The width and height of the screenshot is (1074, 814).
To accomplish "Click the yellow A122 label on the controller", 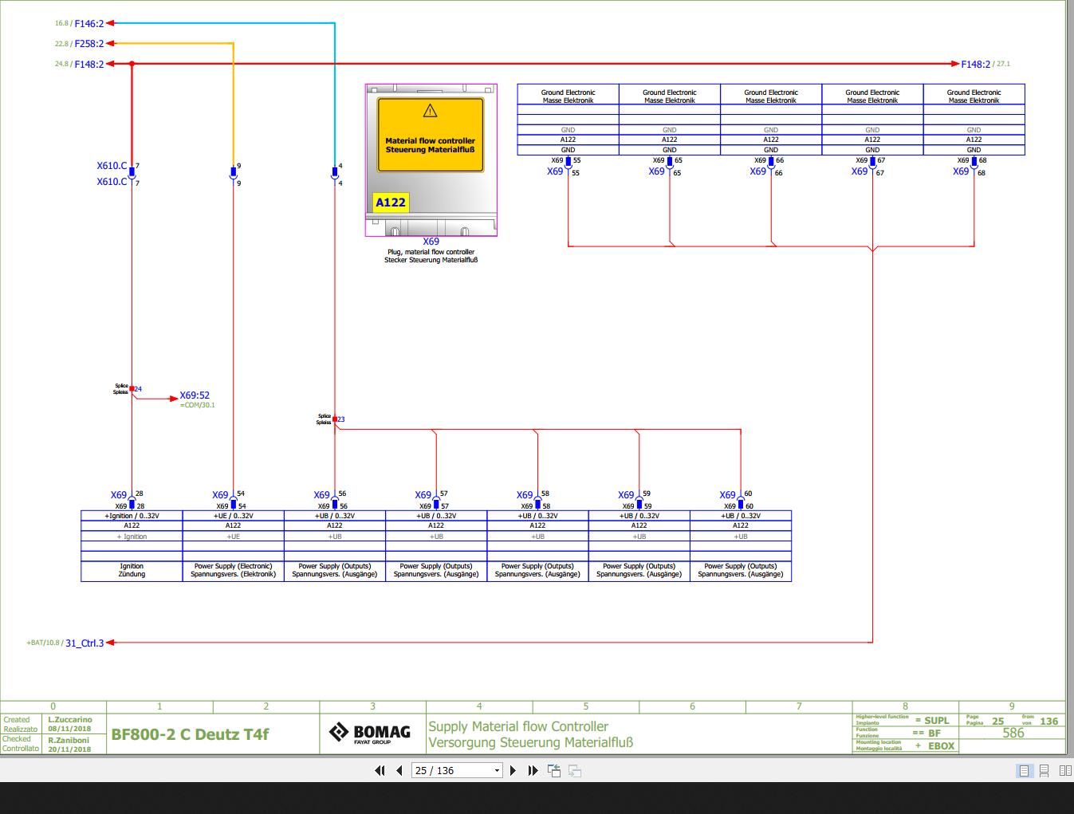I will (x=391, y=203).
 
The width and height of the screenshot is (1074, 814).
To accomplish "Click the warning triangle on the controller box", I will (x=431, y=111).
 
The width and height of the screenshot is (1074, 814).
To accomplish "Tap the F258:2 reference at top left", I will (x=89, y=44).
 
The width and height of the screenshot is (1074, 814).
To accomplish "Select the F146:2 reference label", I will (x=89, y=24).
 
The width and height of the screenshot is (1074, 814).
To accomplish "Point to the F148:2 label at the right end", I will (x=975, y=64).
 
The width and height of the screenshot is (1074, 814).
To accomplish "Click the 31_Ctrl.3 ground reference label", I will (x=85, y=643).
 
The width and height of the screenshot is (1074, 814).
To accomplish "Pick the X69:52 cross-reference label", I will (x=195, y=395).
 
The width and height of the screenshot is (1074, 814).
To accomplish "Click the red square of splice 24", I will (x=132, y=389).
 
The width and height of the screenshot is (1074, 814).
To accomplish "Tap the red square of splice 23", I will (x=335, y=419).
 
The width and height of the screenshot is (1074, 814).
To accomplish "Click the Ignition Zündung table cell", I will (x=132, y=570).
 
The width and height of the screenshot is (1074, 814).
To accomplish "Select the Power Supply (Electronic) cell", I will (x=233, y=570).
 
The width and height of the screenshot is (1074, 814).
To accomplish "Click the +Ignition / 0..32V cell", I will (x=132, y=516).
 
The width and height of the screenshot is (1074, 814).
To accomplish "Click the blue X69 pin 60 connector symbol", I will (x=741, y=504).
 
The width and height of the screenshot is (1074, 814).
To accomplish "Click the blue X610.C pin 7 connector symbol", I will (x=132, y=172).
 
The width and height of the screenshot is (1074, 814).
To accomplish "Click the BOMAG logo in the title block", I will (x=371, y=733).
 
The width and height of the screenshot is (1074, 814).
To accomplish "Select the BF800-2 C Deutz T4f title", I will (x=190, y=734).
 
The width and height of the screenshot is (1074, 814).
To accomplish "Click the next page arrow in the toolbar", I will (x=513, y=770).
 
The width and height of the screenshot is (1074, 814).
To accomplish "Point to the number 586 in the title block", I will (x=1013, y=733).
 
